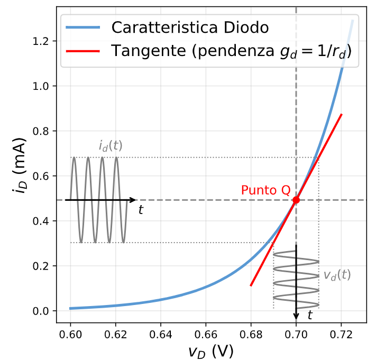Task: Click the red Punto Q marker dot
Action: click(296, 200)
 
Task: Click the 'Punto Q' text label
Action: click(265, 190)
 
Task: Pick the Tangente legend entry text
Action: click(231, 51)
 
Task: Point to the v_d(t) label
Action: click(337, 275)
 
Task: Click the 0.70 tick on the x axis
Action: click(296, 334)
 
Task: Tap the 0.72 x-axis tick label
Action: click(341, 334)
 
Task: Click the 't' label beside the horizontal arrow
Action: click(141, 210)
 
